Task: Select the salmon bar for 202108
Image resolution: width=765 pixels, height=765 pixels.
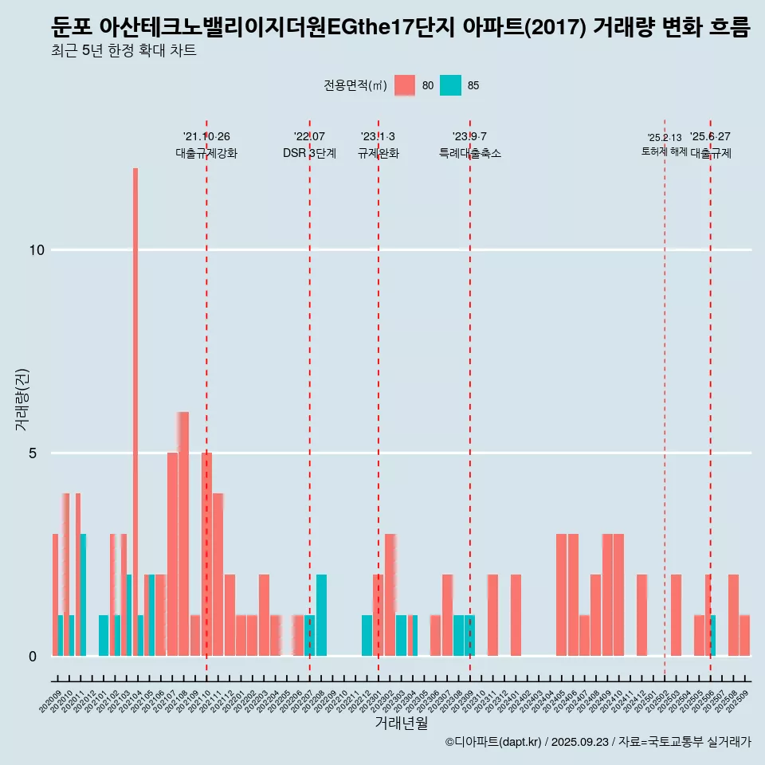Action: (x=184, y=534)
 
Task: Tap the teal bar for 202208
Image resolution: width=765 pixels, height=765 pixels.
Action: (x=321, y=615)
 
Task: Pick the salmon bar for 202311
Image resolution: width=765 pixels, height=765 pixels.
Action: (x=492, y=615)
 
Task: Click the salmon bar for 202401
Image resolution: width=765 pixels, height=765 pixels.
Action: (x=516, y=615)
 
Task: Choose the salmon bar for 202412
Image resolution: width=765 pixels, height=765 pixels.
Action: (x=641, y=615)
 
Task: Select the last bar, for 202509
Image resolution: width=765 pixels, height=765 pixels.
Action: (x=744, y=635)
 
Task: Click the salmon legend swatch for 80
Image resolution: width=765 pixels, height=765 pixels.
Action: (x=405, y=85)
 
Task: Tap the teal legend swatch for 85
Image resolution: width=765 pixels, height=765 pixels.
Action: (x=450, y=85)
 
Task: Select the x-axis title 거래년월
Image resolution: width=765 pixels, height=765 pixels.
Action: (x=401, y=724)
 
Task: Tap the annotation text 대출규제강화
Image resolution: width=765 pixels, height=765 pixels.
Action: (x=206, y=153)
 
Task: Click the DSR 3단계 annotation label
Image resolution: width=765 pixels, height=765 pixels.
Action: (x=309, y=153)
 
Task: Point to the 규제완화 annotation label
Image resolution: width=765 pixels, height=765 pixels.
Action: (x=378, y=153)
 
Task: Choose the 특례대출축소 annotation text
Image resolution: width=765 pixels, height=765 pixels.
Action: (x=470, y=153)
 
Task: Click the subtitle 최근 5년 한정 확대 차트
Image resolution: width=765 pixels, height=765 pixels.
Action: (x=124, y=51)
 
